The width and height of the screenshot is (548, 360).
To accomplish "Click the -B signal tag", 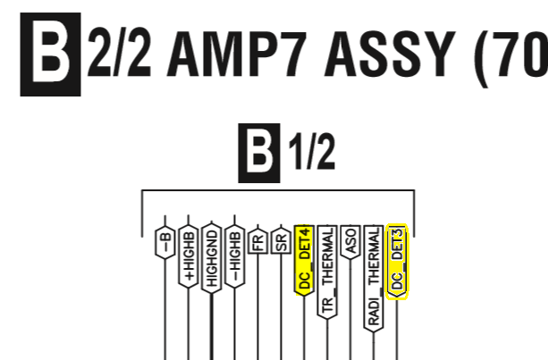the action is [x=165, y=243].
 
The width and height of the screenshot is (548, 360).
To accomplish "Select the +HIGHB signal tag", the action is [x=189, y=256].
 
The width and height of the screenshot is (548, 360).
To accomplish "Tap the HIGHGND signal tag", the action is [x=212, y=258].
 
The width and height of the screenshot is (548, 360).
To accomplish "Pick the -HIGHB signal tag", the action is [x=235, y=256].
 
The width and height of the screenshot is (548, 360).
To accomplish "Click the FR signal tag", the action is [x=258, y=241].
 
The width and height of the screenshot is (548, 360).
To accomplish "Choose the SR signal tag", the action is [x=281, y=241].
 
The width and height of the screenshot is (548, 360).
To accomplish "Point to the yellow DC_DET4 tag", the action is [x=304, y=261].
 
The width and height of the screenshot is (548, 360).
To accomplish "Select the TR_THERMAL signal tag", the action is [x=327, y=272].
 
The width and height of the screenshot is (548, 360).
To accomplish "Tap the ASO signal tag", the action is [x=350, y=242].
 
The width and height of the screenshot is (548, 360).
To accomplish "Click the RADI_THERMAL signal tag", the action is [x=374, y=279].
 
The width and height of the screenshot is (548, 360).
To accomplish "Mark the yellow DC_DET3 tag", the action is [x=397, y=262].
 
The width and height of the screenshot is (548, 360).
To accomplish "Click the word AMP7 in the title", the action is [x=237, y=54].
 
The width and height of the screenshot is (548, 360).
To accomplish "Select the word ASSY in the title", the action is [x=390, y=54].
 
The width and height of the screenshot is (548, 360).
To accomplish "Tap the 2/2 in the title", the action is [x=119, y=54].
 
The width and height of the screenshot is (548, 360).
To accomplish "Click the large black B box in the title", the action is [x=50, y=54].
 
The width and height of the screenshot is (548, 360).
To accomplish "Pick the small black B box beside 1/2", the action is [x=259, y=153].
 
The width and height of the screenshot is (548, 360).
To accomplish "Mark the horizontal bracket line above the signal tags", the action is [x=278, y=190].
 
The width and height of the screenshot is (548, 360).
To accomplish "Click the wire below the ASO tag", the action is [x=350, y=310].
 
